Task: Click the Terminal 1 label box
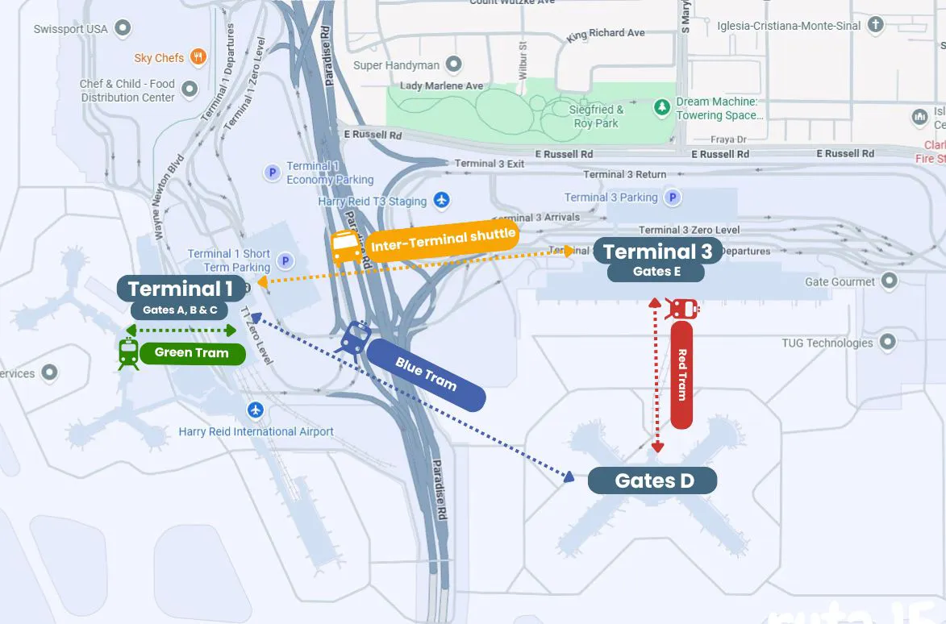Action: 181,288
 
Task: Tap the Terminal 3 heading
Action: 657,252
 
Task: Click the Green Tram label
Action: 192,353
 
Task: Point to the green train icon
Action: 128,353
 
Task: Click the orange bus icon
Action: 346,247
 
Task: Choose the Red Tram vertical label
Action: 681,375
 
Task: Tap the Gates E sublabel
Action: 656,272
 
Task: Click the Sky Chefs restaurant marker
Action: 198,57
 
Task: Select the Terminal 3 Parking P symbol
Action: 672,198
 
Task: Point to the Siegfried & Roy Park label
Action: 597,116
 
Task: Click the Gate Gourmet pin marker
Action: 889,281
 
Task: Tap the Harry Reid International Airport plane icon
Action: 256,410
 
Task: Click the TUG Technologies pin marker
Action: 887,343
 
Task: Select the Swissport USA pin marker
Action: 123,29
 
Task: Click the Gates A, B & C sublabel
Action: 180,310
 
